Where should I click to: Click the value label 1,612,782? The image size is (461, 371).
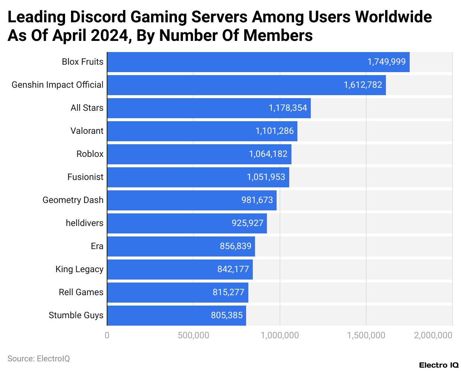[363, 85]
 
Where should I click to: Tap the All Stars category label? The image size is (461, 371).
[87, 108]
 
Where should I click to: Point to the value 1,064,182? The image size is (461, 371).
[268, 154]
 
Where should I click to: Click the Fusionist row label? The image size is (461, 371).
[85, 177]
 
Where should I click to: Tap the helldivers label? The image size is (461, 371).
[84, 223]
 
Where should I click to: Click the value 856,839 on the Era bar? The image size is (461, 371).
[235, 246]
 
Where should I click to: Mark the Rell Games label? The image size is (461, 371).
[81, 292]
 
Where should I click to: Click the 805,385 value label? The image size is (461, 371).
[226, 315]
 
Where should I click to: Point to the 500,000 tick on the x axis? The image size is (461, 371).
[193, 335]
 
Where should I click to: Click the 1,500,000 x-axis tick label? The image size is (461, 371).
[366, 335]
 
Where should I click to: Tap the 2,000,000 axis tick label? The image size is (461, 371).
[433, 335]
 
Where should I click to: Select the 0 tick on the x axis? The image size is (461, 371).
[107, 335]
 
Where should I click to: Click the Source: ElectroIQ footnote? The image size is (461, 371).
[39, 359]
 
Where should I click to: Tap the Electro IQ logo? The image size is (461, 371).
[439, 365]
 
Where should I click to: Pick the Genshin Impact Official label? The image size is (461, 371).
[58, 85]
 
